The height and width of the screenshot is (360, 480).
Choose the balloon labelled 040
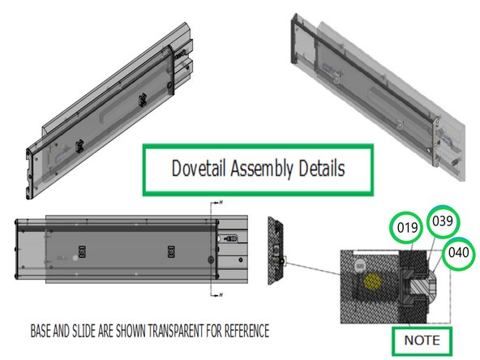click(459, 253)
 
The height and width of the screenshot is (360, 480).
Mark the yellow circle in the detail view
click(374, 281)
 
